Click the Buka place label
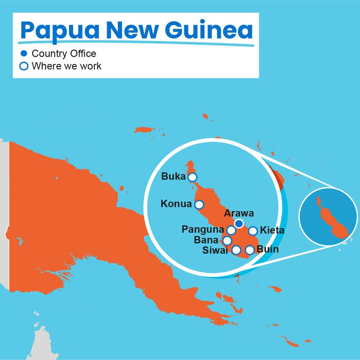click(173, 177)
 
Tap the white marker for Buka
click(192, 177)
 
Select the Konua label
click(176, 204)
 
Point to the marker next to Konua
click(199, 205)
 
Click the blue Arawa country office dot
click(239, 223)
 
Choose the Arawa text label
click(239, 213)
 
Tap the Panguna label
click(202, 230)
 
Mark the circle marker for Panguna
click(231, 230)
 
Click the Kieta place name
click(272, 231)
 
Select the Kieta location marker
click(253, 231)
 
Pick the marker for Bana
click(227, 241)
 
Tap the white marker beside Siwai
click(236, 250)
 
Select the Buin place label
click(268, 249)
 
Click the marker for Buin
click(249, 250)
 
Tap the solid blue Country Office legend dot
click(24, 54)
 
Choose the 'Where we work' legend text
click(66, 66)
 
